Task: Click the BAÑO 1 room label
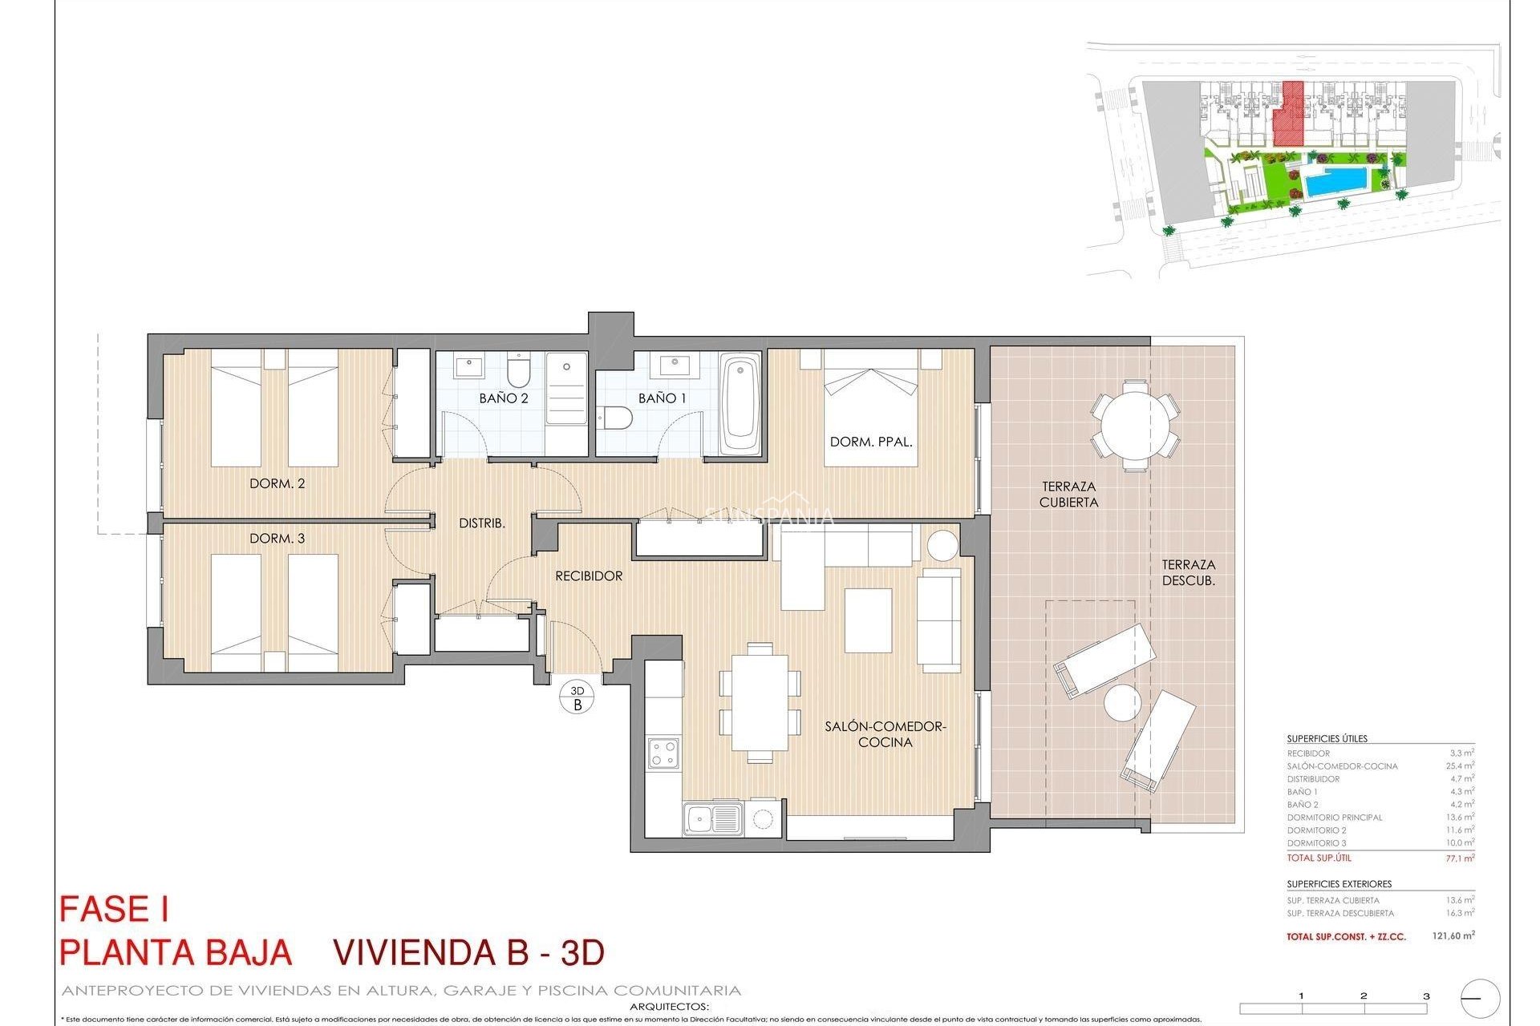(x=662, y=398)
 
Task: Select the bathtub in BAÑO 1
(x=740, y=405)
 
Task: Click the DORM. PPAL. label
(x=871, y=442)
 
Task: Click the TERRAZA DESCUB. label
(x=1188, y=572)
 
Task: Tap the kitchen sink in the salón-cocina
(x=712, y=819)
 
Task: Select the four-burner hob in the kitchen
(x=663, y=753)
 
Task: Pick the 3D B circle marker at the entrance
(x=577, y=698)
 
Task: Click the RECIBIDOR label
(x=589, y=576)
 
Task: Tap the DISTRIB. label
(x=481, y=523)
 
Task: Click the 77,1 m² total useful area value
(x=1459, y=858)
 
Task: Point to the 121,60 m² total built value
(x=1453, y=935)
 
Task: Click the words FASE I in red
(x=114, y=910)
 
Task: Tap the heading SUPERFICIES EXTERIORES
(x=1339, y=884)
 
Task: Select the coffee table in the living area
(x=868, y=620)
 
